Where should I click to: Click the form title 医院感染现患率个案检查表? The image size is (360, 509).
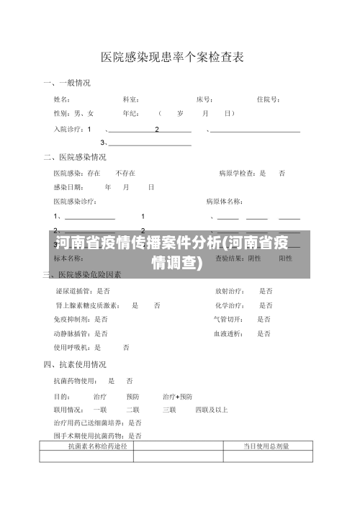[171, 56]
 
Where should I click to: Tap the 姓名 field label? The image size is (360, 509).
[61, 99]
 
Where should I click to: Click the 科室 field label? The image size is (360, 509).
[130, 99]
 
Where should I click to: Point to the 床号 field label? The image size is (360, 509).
[204, 99]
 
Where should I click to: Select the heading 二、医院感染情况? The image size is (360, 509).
[75, 157]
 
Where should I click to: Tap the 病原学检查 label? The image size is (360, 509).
[238, 174]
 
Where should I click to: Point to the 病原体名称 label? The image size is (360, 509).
[224, 201]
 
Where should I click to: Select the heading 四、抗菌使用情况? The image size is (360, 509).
[75, 364]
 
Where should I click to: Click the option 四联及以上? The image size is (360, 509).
[212, 410]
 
